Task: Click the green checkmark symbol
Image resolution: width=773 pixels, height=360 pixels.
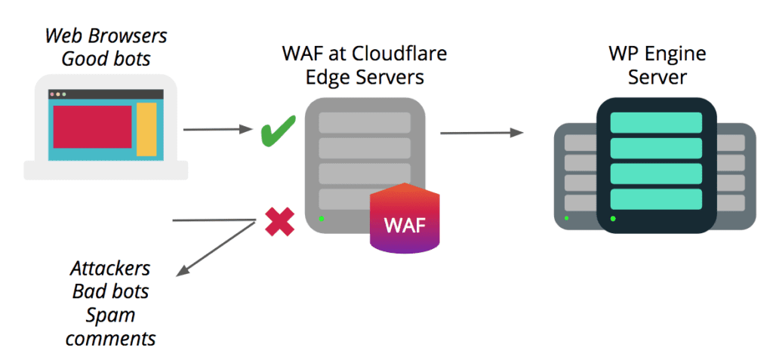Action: pos(277,131)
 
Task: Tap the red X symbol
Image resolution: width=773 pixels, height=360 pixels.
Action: pos(279,223)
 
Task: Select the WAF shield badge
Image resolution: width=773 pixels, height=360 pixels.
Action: pos(405,219)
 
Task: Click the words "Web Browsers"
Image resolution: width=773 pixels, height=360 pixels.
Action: pos(106,35)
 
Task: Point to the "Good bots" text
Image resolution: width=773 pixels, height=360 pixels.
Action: pos(106,58)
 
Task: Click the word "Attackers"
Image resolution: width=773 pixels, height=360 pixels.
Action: pos(110,269)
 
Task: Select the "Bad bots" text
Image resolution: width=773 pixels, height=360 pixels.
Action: pos(110,291)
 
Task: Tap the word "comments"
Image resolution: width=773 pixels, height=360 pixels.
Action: pos(110,337)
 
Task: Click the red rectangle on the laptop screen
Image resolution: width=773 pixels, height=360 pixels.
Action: pos(91,127)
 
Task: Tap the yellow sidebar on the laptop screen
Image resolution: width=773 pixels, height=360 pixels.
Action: pos(146,129)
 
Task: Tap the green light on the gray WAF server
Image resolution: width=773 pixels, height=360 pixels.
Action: pos(322,219)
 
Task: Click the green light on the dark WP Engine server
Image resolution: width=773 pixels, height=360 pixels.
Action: pos(613,219)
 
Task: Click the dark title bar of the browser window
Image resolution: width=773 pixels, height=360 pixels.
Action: pos(106,94)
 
